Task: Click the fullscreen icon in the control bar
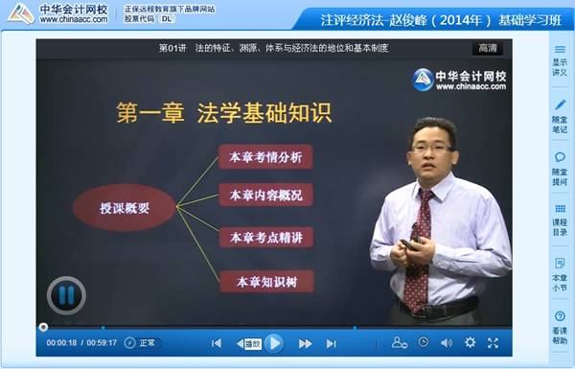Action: [493, 342]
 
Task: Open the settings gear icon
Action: [470, 342]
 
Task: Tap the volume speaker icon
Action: [447, 342]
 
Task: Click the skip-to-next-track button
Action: [331, 343]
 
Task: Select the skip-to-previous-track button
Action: [217, 343]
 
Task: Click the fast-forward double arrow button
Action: [305, 343]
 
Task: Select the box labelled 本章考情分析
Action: [265, 156]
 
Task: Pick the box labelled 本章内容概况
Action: [265, 195]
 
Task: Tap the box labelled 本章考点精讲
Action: [265, 236]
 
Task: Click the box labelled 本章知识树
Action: [265, 281]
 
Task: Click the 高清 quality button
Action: [488, 48]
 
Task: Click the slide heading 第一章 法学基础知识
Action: [224, 112]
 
